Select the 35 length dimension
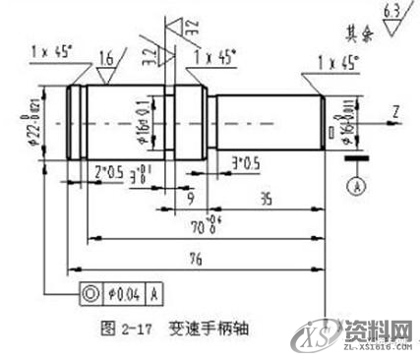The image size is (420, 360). (x=263, y=198)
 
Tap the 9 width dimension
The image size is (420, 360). (x=189, y=198)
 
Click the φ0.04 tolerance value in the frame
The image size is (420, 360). (x=120, y=291)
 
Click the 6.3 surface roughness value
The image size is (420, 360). (x=390, y=11)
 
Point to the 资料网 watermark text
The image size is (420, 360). (x=380, y=327)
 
